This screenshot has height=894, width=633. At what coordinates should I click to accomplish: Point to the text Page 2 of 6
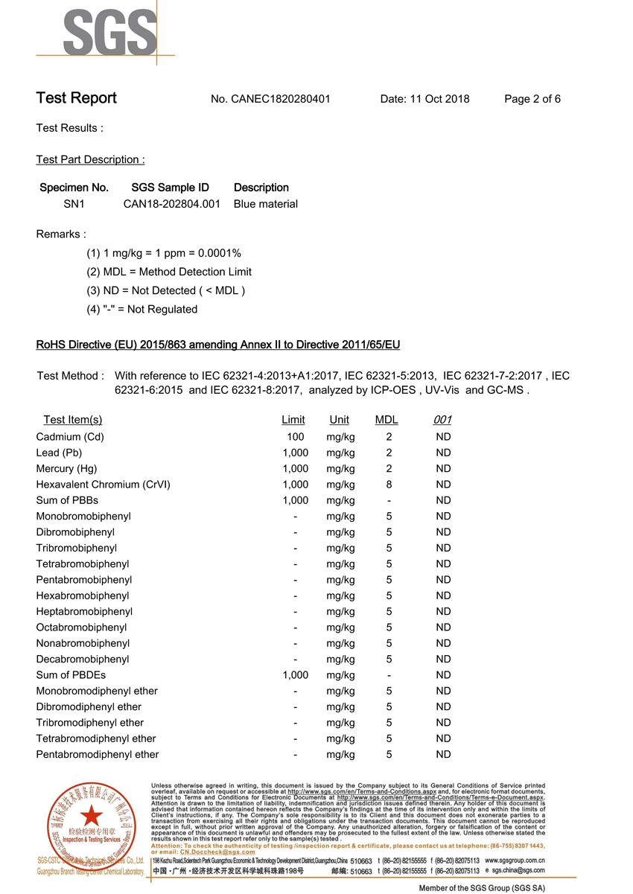(x=532, y=99)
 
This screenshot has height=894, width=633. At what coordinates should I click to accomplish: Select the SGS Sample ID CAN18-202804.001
(x=171, y=204)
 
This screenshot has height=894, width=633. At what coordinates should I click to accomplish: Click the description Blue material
(x=266, y=204)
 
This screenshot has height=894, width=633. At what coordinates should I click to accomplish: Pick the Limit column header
(x=293, y=420)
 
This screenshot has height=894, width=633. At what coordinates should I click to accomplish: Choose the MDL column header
(x=387, y=420)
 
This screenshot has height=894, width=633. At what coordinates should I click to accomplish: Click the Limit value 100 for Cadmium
(x=296, y=437)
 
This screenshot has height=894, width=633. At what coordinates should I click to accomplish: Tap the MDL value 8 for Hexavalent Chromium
(x=389, y=485)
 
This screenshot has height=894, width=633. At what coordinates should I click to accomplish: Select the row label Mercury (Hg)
(x=66, y=469)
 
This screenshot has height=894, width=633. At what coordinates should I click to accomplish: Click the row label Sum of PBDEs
(x=71, y=675)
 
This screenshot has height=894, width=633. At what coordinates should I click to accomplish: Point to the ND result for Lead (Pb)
(x=443, y=453)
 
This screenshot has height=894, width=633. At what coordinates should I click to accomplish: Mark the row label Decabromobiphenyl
(x=83, y=660)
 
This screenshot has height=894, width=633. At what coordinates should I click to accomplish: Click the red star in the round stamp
(x=92, y=815)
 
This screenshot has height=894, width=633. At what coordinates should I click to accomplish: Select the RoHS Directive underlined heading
(x=218, y=345)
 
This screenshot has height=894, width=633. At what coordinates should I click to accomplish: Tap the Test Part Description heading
(x=90, y=159)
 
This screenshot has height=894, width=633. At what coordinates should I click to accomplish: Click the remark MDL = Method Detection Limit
(x=169, y=272)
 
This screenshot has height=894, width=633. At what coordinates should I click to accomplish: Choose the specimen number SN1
(x=74, y=204)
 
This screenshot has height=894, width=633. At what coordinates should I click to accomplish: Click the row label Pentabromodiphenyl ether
(x=98, y=755)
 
